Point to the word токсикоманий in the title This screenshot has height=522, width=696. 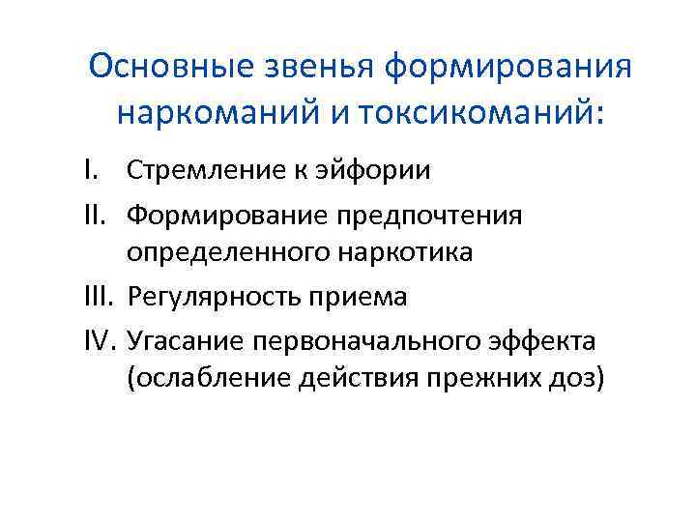pos(479,113)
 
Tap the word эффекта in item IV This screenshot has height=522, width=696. pos(546,338)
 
